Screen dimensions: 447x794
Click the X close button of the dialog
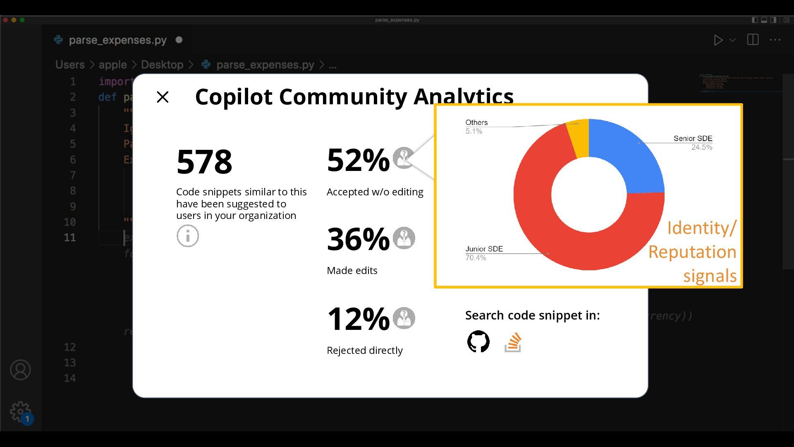(163, 97)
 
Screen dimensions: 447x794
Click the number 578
(204, 161)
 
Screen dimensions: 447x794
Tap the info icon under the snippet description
(188, 236)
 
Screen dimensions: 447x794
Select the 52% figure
(358, 160)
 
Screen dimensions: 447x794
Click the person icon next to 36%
(404, 238)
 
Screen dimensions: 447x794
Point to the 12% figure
(358, 319)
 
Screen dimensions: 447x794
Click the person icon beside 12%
(404, 318)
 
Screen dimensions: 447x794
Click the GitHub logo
(478, 341)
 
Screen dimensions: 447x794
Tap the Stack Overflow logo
(513, 342)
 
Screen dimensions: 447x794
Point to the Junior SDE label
(484, 249)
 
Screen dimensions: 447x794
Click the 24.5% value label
(702, 147)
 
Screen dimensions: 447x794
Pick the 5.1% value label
(474, 131)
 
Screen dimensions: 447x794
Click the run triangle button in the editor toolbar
(718, 40)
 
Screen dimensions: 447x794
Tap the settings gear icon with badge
(20, 412)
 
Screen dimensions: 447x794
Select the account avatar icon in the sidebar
(20, 370)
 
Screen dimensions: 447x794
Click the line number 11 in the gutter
(70, 238)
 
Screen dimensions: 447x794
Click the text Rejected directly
(364, 351)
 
